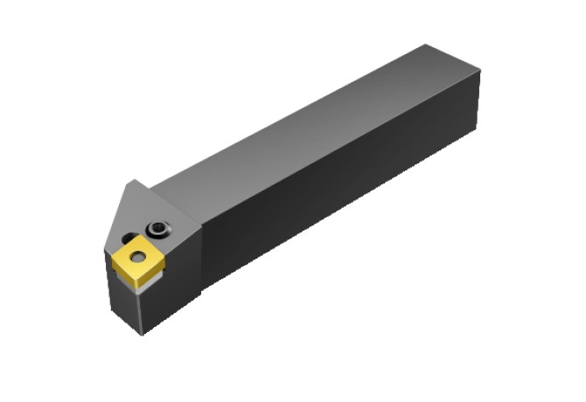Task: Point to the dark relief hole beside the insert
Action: point(129,237)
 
